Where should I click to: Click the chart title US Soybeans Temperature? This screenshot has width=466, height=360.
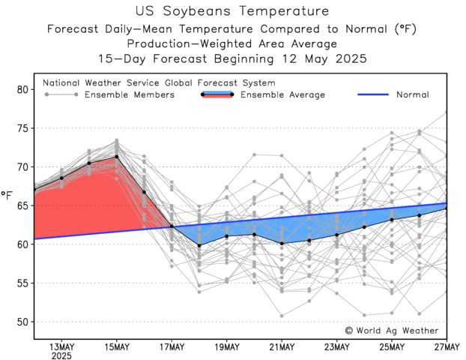232,11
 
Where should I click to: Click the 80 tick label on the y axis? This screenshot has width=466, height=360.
22,89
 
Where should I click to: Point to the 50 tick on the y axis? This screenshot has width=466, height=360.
22,322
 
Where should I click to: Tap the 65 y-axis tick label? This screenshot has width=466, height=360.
22,205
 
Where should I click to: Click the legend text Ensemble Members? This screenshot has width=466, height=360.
129,95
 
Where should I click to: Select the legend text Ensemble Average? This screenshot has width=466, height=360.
282,95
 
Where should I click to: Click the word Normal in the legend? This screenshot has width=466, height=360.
412,95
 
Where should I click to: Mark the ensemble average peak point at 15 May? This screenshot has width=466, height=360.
117,157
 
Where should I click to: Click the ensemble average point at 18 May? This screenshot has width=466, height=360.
199,245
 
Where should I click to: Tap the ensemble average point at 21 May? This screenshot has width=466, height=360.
282,244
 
